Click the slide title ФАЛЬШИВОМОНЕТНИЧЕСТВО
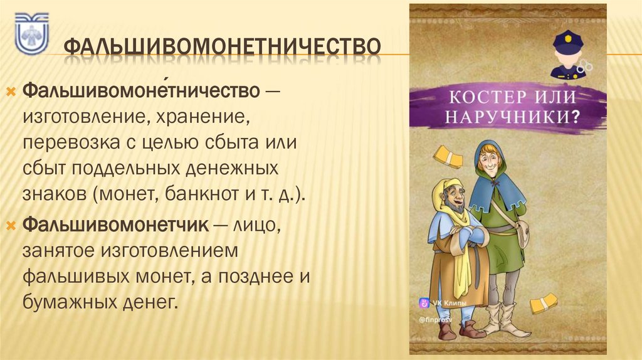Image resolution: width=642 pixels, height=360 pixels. pyautogui.click(x=223, y=47)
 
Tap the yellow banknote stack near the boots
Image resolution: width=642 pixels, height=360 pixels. pyautogui.click(x=542, y=304)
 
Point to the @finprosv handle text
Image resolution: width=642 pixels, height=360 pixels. pyautogui.click(x=434, y=319)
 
